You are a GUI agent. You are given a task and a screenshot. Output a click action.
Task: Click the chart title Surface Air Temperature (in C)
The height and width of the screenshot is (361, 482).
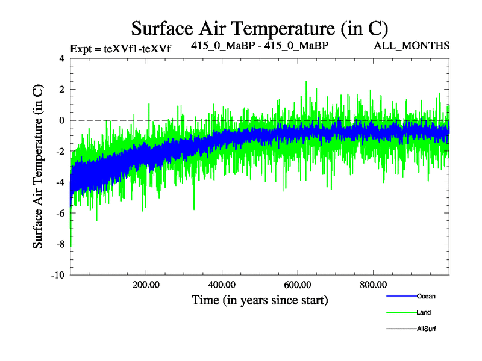pos(259,29)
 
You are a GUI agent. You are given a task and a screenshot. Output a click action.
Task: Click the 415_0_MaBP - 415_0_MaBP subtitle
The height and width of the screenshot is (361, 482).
pos(260,45)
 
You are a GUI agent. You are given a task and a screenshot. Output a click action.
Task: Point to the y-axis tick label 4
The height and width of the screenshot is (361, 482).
pos(61,59)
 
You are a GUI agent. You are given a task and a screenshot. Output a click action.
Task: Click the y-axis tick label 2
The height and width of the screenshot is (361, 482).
pos(61,90)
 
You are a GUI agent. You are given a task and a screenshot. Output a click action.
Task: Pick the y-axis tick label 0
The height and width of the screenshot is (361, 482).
pos(61,120)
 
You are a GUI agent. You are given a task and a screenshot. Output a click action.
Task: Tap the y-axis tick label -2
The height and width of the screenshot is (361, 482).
pos(60,152)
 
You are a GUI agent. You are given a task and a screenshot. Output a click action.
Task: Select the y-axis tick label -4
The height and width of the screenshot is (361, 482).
pos(60,182)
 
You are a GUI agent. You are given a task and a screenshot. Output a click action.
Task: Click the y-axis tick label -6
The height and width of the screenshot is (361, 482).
pos(60,213)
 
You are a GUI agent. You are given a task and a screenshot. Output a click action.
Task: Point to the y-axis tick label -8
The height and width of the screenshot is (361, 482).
pos(60,244)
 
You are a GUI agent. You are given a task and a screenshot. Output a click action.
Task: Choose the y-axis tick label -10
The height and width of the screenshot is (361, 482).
pos(58,275)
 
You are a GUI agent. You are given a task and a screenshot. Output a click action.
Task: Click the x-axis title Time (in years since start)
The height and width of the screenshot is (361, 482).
pos(260,299)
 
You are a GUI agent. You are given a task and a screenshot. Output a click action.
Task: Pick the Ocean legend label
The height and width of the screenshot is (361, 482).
pos(426,296)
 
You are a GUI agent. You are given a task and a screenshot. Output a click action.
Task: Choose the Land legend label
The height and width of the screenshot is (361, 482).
pos(424,312)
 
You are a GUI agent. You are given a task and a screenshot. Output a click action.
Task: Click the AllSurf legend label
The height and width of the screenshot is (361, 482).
pos(426,329)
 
